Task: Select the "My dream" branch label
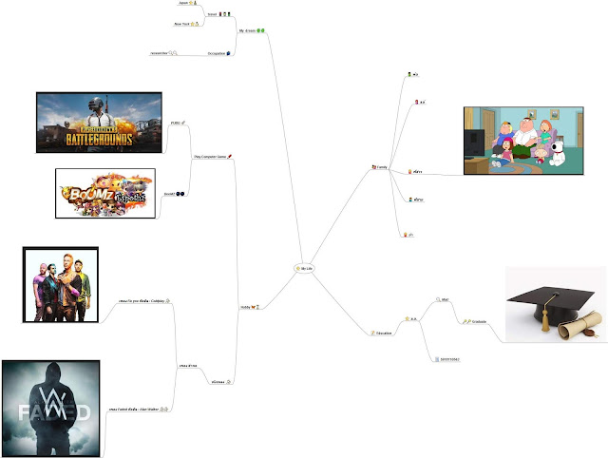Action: (249, 32)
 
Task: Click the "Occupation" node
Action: (217, 53)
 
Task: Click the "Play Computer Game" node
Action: (210, 155)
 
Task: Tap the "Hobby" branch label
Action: (246, 308)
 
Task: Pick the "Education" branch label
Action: (380, 333)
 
